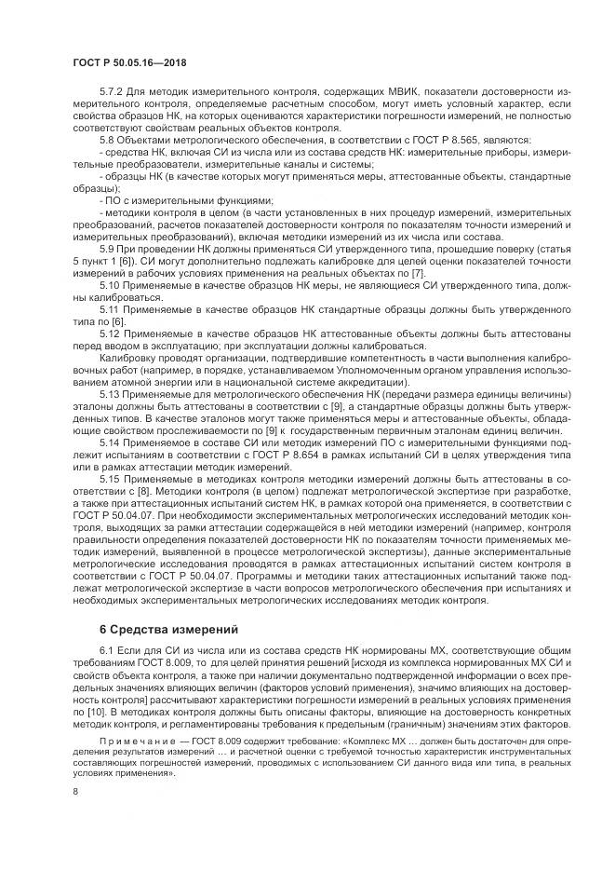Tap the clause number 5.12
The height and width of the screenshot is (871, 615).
pos(111,333)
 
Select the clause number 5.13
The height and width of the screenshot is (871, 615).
pos(111,396)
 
